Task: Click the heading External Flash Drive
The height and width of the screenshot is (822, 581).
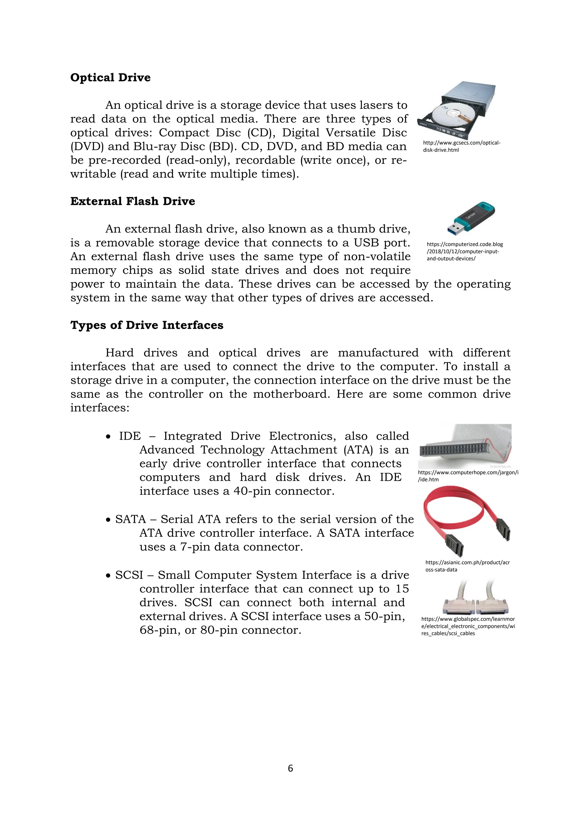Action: [x=132, y=201]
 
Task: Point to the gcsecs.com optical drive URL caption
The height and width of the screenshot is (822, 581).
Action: [x=461, y=146]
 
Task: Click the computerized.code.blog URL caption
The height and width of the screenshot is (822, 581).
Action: [x=464, y=251]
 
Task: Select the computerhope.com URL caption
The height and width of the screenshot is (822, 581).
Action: [x=468, y=476]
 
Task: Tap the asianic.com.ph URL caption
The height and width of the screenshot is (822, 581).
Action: [x=467, y=566]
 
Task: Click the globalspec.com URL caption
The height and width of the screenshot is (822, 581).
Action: [x=468, y=626]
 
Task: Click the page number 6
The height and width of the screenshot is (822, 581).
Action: [x=290, y=768]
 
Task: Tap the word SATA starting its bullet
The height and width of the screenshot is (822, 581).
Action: [x=130, y=519]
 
